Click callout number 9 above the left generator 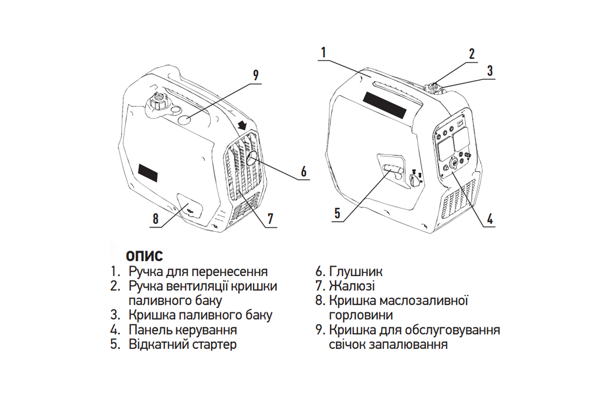[x=255, y=75]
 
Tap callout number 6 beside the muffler [x=304, y=172]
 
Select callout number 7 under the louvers [x=271, y=219]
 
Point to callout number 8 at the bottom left [x=156, y=219]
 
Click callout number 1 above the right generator [x=323, y=52]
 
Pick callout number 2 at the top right [x=471, y=54]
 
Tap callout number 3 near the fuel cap [x=490, y=71]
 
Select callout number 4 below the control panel [x=490, y=219]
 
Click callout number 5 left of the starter [x=337, y=213]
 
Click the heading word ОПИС [x=144, y=256]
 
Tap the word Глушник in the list [x=356, y=271]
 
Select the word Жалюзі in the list [x=352, y=286]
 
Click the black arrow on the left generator [x=242, y=126]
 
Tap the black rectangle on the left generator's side [x=148, y=173]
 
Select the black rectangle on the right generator [x=385, y=105]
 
